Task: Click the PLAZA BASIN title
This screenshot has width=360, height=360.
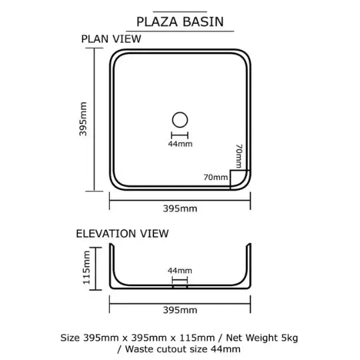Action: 180,22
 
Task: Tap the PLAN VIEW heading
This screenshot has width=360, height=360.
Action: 111,39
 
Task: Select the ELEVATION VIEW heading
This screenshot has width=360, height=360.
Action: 123,233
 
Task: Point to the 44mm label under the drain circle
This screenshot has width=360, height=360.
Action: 180,144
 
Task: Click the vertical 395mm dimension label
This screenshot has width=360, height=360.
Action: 83,119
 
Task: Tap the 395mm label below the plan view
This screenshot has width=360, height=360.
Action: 180,209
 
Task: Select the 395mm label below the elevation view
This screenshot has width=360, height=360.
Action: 180,310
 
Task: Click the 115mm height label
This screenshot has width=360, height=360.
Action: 86,267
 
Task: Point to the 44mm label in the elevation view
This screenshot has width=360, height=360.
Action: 180,271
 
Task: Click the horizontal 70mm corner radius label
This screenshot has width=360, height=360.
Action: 216,177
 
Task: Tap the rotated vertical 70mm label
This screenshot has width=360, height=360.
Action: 239,156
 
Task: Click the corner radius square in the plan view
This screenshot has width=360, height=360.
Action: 230,179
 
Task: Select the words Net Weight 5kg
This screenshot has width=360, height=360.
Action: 262,338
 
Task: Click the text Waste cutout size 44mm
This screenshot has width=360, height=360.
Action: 183,349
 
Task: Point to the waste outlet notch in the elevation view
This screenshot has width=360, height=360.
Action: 180,287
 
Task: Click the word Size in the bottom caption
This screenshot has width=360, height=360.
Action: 70,338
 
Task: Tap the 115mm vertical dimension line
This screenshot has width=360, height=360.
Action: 95,269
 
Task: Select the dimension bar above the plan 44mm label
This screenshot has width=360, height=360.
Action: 180,135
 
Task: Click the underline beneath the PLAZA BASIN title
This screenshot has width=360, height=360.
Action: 180,31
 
